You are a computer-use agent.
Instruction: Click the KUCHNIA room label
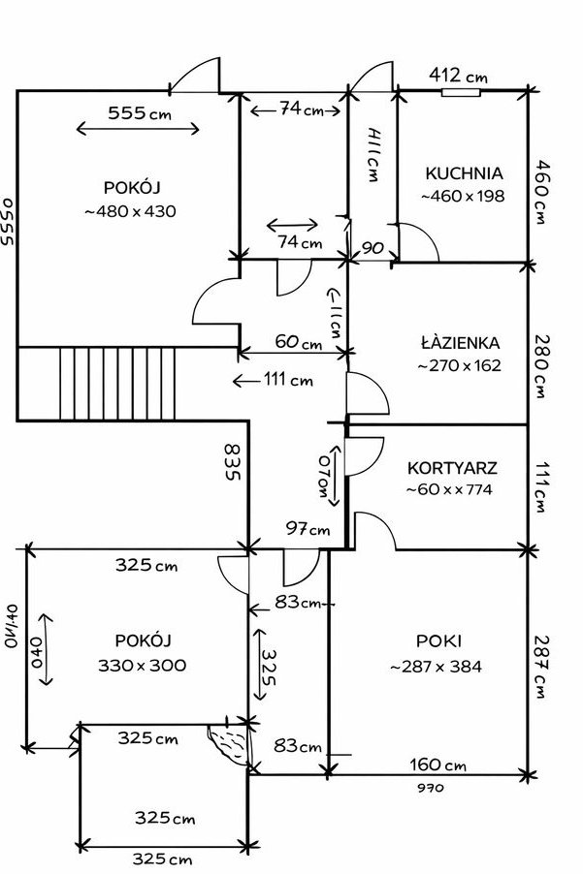coord(464,174)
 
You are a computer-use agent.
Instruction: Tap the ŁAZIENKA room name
coord(461,343)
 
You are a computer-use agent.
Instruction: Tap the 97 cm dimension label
coord(308,529)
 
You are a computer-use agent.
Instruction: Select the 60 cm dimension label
coord(298,342)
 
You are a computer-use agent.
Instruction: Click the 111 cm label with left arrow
coord(287,380)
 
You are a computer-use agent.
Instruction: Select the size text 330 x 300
coord(143,666)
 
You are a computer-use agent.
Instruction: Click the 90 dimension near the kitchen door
coord(372,248)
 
